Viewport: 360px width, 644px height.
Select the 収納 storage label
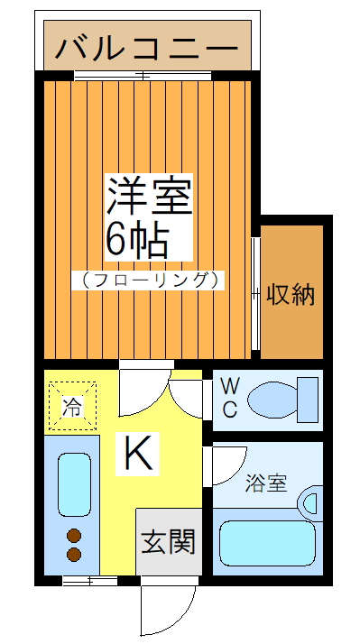pos(291,293)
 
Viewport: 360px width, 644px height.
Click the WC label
pos(229,397)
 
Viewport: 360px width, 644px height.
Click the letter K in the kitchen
pos(139,453)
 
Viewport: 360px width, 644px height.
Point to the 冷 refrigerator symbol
pos(70,406)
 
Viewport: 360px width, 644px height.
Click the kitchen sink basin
pos(73,484)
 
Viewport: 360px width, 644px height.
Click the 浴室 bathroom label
pos(266,483)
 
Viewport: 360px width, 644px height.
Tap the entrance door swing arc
pos(171,613)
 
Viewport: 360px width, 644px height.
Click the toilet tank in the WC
pos(309,399)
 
